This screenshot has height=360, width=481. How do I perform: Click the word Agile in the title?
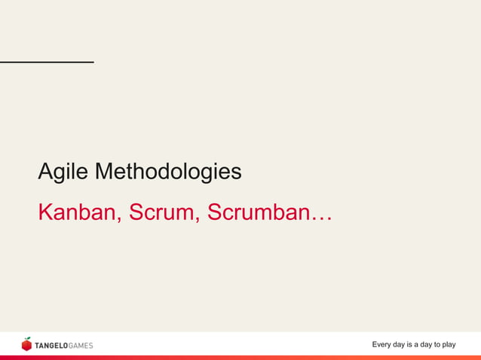63,172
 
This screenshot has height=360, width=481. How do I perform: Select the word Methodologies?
168,172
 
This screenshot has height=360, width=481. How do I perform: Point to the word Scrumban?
256,212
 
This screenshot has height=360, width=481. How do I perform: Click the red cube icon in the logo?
26,346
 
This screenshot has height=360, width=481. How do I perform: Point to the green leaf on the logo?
28,339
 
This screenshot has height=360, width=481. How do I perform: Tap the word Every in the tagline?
383,345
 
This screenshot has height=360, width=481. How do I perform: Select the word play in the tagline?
447,345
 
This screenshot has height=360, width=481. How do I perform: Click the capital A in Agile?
44,172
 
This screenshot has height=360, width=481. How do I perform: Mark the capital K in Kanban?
44,212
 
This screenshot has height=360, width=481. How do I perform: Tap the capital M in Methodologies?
103,172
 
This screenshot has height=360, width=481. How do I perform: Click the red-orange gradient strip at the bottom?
240,358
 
